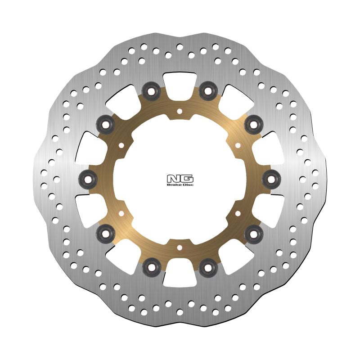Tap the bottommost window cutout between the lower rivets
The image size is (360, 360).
click(x=180, y=277)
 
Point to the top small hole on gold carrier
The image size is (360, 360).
click(x=180, y=111)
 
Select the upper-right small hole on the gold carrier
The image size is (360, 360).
click(x=238, y=145)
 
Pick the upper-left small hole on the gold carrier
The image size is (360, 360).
click(x=121, y=145)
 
